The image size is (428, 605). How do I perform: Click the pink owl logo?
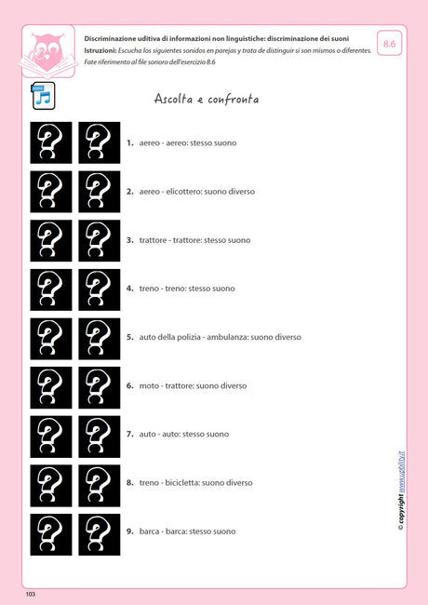tap(46, 52)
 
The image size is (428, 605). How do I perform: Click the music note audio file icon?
tap(43, 95)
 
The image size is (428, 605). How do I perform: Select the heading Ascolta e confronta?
tap(206, 99)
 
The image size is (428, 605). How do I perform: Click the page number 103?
tap(31, 593)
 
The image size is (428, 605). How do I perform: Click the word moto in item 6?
tap(148, 385)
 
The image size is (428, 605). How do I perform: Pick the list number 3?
tap(130, 240)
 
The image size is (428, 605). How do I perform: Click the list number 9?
tap(130, 531)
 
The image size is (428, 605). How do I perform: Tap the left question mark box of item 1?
tap(51, 142)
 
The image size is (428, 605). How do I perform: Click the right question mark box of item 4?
tap(100, 289)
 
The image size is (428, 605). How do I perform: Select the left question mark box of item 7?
tap(51, 434)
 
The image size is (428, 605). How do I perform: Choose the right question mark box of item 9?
tap(100, 534)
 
